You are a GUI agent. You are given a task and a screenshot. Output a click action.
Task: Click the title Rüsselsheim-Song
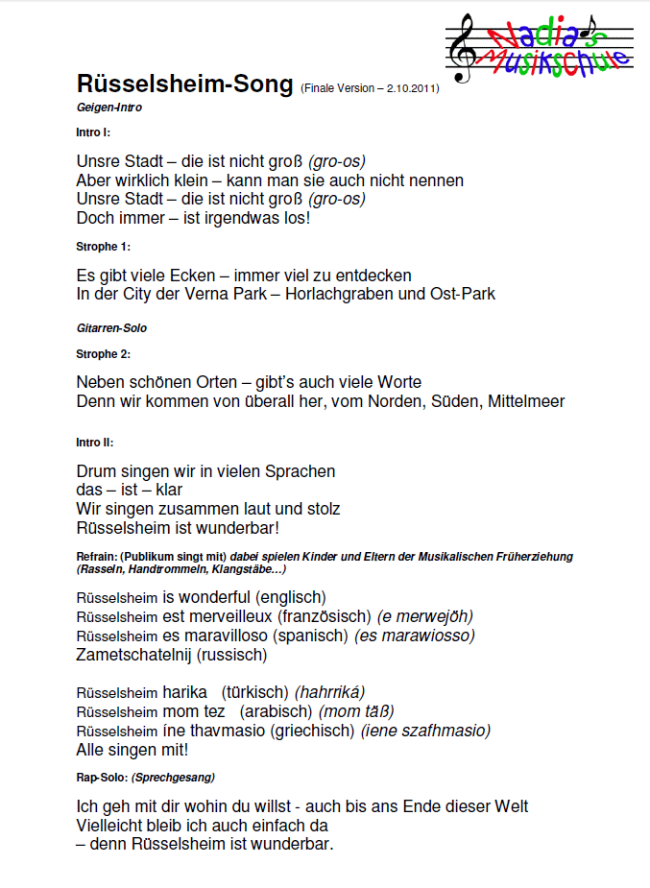(184, 84)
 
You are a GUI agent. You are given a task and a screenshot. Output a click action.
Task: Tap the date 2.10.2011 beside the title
(410, 88)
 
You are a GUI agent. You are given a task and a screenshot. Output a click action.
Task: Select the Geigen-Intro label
(103, 107)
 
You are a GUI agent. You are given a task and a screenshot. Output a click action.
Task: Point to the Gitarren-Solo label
(111, 328)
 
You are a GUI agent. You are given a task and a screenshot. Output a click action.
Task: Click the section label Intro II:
(95, 443)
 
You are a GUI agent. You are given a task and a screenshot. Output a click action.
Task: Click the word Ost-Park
(465, 294)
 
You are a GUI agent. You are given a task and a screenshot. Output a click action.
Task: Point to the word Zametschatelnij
(133, 655)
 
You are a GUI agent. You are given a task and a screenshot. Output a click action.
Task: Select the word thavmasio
(228, 731)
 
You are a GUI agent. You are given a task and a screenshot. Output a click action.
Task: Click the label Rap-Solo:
(100, 777)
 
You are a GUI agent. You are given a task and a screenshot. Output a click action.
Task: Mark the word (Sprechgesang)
(173, 777)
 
